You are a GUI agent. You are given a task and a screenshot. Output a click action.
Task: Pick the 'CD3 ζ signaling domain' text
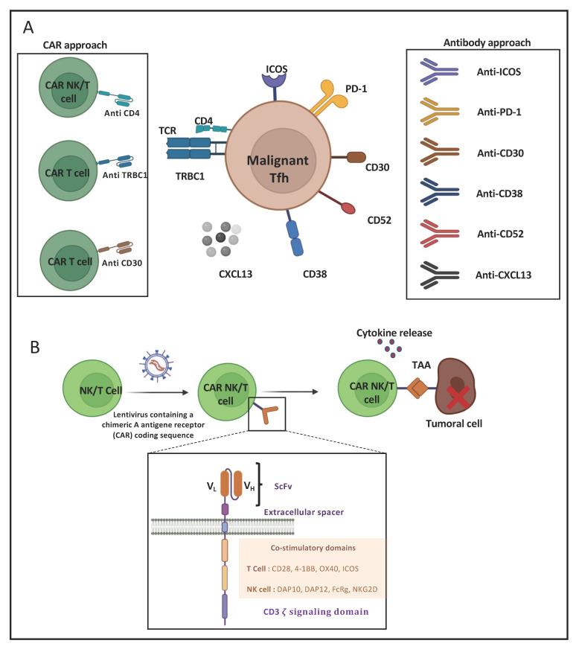click(x=310, y=612)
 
